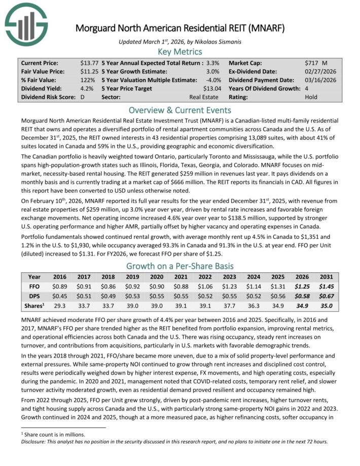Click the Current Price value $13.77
click(x=89, y=63)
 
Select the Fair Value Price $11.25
click(x=89, y=71)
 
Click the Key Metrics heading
click(x=180, y=52)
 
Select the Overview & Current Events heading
click(x=180, y=110)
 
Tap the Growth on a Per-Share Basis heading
click(x=180, y=266)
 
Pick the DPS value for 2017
click(x=84, y=296)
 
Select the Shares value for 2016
click(x=60, y=306)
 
